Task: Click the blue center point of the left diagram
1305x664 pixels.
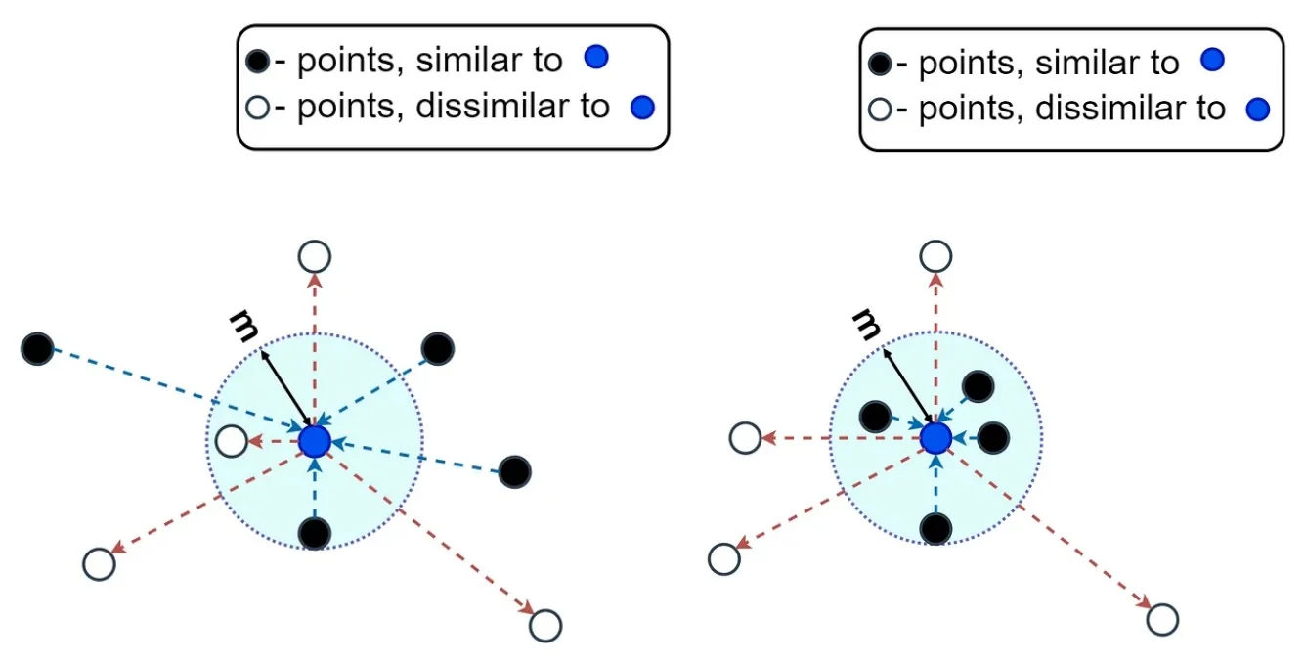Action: [x=314, y=441]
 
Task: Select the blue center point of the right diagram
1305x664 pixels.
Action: [x=935, y=437]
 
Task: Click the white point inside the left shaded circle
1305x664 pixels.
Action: [x=231, y=442]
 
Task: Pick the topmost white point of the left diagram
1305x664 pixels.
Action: [x=314, y=257]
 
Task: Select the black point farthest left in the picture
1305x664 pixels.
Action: [x=37, y=347]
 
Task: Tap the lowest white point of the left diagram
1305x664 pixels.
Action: [x=545, y=625]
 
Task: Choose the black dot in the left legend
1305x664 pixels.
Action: [x=257, y=63]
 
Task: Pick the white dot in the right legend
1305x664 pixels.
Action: [x=880, y=109]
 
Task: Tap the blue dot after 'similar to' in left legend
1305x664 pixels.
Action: [x=595, y=58]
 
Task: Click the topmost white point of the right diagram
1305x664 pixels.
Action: [x=935, y=256]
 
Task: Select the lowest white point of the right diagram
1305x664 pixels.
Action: [x=1162, y=619]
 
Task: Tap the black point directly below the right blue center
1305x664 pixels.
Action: [x=935, y=528]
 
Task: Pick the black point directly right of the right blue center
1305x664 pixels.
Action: [x=993, y=438]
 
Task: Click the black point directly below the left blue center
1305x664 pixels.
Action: [x=314, y=533]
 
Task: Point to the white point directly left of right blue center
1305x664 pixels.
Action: [x=745, y=438]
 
